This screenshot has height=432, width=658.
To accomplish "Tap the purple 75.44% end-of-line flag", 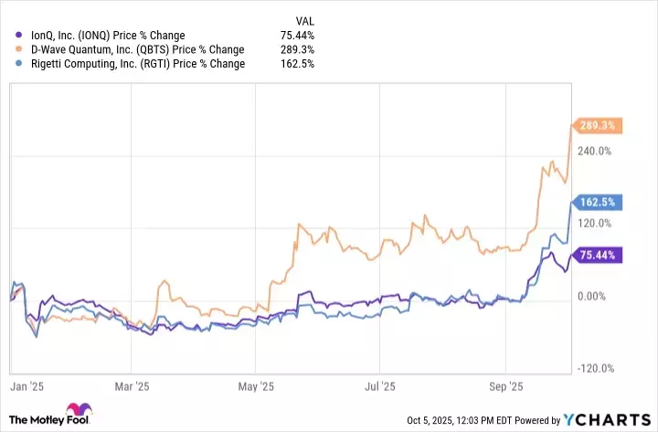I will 595,255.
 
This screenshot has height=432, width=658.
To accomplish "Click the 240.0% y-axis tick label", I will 594,151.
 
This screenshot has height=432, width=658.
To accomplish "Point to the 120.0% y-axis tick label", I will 594,223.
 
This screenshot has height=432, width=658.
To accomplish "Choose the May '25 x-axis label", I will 261,387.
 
